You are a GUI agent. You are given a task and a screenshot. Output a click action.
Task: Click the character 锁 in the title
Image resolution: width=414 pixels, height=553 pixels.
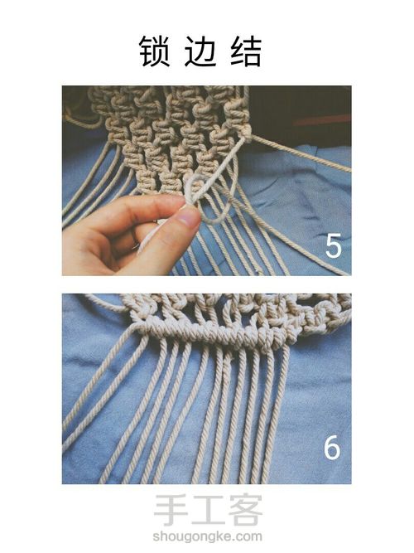pyautogui.click(x=154, y=51)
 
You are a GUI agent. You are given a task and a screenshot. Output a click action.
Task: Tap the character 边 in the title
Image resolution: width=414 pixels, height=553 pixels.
pyautogui.click(x=200, y=51)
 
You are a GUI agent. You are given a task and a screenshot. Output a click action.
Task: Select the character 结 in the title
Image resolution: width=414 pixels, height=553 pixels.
pyautogui.click(x=246, y=51)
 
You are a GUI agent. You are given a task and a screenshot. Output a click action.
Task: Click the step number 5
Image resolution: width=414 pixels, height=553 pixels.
pyautogui.click(x=334, y=245)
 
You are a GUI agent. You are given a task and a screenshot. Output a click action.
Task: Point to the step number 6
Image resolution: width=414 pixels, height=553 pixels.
pyautogui.click(x=332, y=447)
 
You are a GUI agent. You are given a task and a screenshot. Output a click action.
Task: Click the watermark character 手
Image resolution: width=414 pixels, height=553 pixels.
pyautogui.click(x=169, y=511)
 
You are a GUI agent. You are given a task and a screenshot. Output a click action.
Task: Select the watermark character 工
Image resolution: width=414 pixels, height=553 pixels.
pyautogui.click(x=207, y=511)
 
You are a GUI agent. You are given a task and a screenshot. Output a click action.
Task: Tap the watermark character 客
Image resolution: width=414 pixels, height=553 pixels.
pyautogui.click(x=245, y=511)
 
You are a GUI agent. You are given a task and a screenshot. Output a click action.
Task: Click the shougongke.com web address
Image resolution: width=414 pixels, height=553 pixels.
pyautogui.click(x=207, y=536)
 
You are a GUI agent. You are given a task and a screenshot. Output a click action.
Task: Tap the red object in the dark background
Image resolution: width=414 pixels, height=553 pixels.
pyautogui.click(x=320, y=120)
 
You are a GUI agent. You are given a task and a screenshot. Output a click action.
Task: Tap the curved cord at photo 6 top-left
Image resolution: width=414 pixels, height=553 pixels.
pyautogui.click(x=106, y=303)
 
